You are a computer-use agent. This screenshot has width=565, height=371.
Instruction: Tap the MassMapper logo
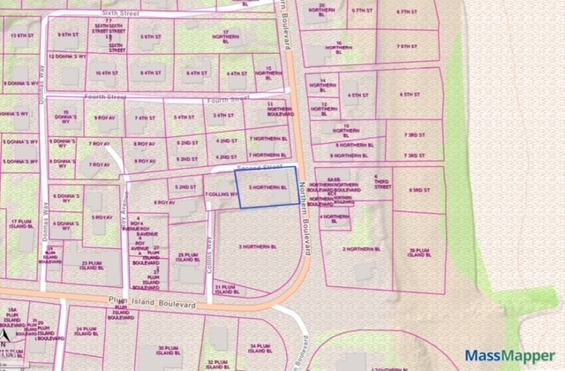pos(510,358)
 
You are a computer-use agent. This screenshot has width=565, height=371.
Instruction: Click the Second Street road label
pos(258,165)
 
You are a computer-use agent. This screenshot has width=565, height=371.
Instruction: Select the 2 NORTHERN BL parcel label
pos(361,249)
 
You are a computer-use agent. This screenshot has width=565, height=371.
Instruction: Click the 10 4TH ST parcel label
pos(106,73)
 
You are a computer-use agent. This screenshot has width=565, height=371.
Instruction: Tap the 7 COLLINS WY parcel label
pos(217,193)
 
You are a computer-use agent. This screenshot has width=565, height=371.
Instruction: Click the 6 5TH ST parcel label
pos(407,94)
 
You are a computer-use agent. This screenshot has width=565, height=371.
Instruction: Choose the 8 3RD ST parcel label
pos(408,190)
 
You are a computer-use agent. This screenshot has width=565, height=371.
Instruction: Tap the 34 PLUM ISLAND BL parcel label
pos(259,347)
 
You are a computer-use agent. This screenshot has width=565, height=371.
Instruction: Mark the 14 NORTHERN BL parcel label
pos(324,83)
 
